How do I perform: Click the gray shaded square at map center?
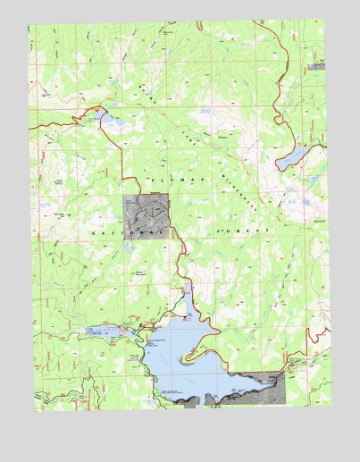[x=145, y=216]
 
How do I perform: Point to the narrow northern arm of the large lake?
[x=187, y=299]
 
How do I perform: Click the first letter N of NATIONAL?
[x=94, y=231]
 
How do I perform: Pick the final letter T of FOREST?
[x=269, y=231]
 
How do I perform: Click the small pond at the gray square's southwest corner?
[x=129, y=244]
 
